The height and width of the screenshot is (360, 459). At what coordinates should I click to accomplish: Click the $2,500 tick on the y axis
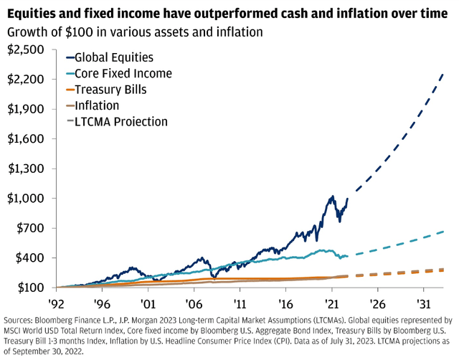(x=24, y=49)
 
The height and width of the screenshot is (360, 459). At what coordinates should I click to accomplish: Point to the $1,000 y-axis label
(x=24, y=199)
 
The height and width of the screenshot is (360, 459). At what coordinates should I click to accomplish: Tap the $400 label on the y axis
(x=27, y=258)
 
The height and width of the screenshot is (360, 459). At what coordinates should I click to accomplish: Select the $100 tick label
(x=27, y=288)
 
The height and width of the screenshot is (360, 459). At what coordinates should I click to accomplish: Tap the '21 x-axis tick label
(x=332, y=303)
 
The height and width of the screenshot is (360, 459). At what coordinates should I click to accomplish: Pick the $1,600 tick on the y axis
(x=24, y=139)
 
